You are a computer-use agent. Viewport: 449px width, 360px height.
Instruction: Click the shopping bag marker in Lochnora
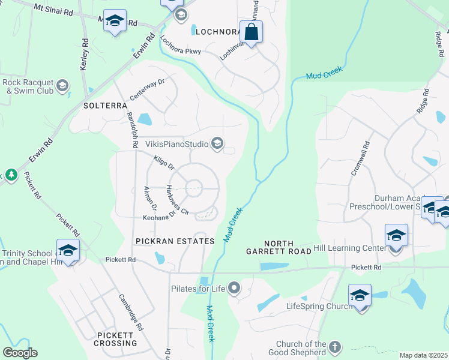click(252, 32)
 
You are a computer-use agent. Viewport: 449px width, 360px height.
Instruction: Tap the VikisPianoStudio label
click(176, 144)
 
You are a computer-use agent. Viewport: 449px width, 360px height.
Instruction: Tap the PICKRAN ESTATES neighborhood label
click(175, 241)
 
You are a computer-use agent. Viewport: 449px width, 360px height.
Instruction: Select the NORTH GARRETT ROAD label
click(279, 247)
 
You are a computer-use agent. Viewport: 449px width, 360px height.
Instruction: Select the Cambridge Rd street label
click(131, 312)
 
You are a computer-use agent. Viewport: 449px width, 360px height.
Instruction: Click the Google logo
click(20, 353)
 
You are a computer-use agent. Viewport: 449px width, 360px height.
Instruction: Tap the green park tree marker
click(11, 175)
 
